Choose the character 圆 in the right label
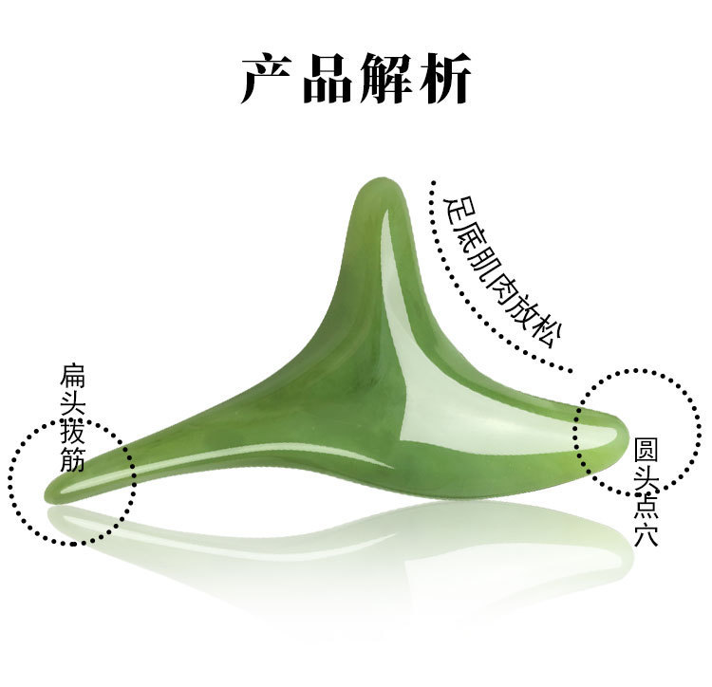point(646,447)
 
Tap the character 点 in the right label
point(646,503)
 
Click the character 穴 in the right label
point(646,532)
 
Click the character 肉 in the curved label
point(497,282)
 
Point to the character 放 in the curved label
point(520,309)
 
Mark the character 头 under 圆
point(646,474)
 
